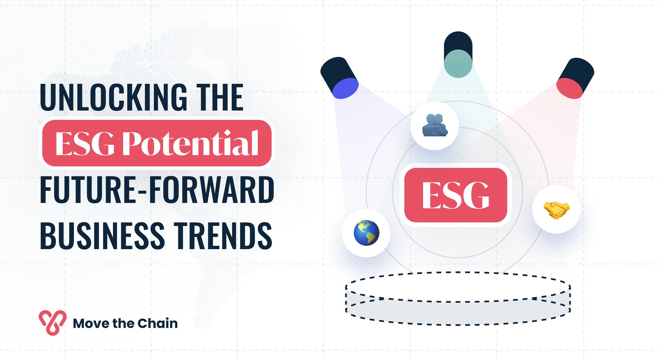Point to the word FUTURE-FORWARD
(x=157, y=190)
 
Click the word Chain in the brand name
(x=158, y=323)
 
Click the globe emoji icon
(x=366, y=233)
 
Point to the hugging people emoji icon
(x=435, y=126)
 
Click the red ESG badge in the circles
(x=456, y=195)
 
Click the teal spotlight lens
(x=458, y=64)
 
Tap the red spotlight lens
(x=569, y=88)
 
